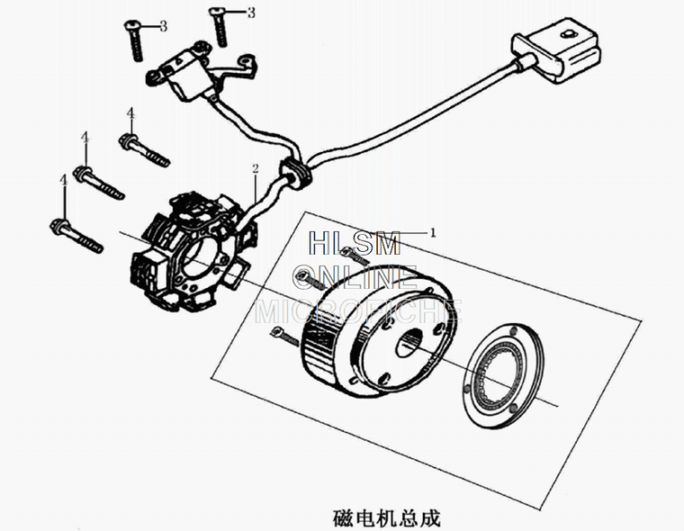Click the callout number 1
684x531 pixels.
click(432, 232)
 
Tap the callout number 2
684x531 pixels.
click(256, 168)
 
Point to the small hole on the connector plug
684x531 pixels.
click(567, 35)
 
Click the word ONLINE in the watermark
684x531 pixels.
click(357, 276)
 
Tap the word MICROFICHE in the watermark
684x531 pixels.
click(359, 310)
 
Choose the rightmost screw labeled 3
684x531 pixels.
click(220, 24)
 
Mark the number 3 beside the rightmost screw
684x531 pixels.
click(251, 13)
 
